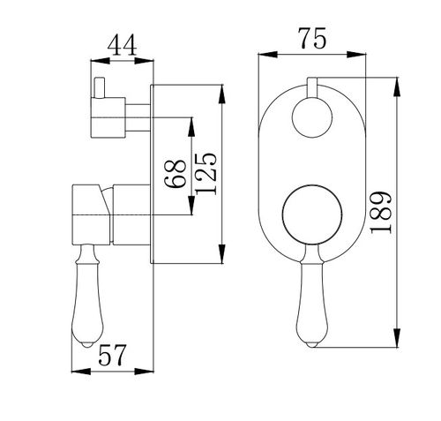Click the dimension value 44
tap(122, 45)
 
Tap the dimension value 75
tap(313, 38)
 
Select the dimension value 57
tap(112, 356)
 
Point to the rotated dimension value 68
tap(176, 174)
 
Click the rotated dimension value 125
tap(206, 174)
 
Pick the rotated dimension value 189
tap(381, 212)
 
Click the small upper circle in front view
tap(312, 117)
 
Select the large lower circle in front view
tap(312, 214)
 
